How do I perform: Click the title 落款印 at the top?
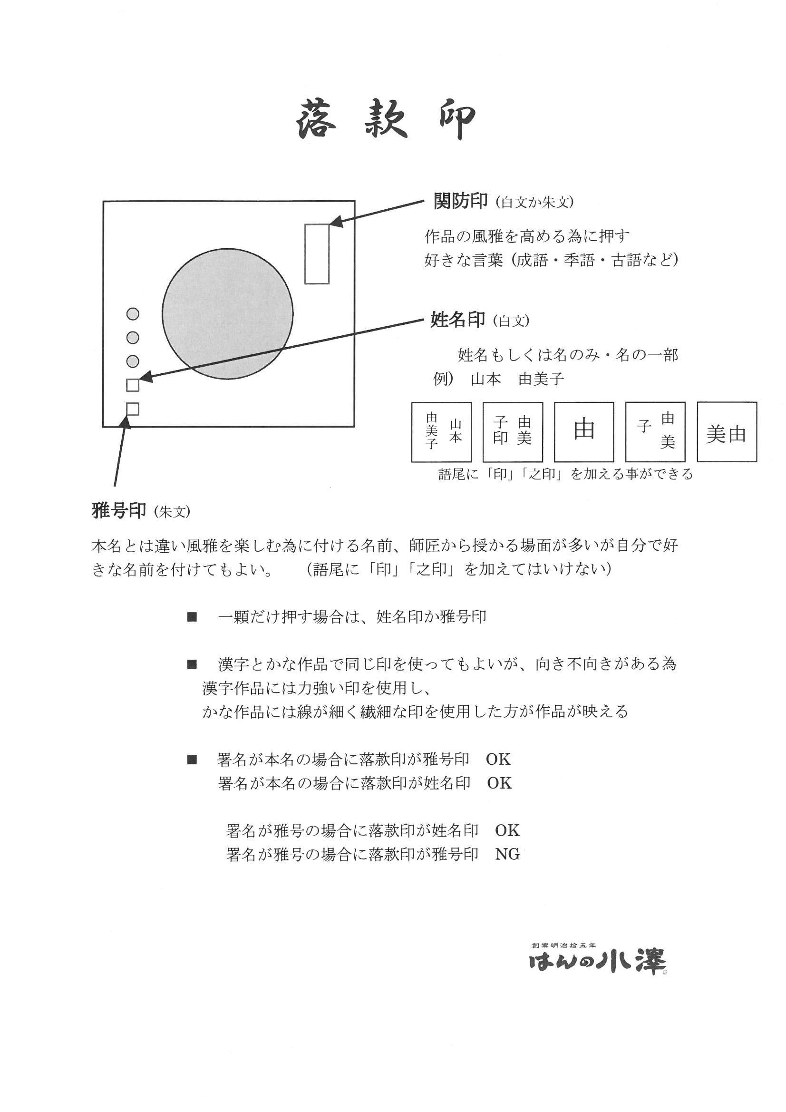[386, 120]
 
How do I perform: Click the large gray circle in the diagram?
[227, 314]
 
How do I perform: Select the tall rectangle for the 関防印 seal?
[317, 254]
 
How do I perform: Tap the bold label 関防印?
[460, 201]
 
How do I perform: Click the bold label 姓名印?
[457, 320]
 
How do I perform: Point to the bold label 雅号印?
[119, 510]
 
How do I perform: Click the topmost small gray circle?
[133, 314]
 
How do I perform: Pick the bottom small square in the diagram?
[133, 409]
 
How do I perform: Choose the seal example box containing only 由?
[583, 431]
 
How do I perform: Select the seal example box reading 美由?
[727, 431]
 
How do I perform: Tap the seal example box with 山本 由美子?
[441, 431]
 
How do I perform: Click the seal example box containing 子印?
[513, 431]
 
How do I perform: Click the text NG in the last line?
[507, 854]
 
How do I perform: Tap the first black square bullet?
[192, 617]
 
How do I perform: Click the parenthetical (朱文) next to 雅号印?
[172, 512]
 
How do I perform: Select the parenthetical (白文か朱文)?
[534, 203]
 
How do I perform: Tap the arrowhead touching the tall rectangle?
[335, 222]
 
